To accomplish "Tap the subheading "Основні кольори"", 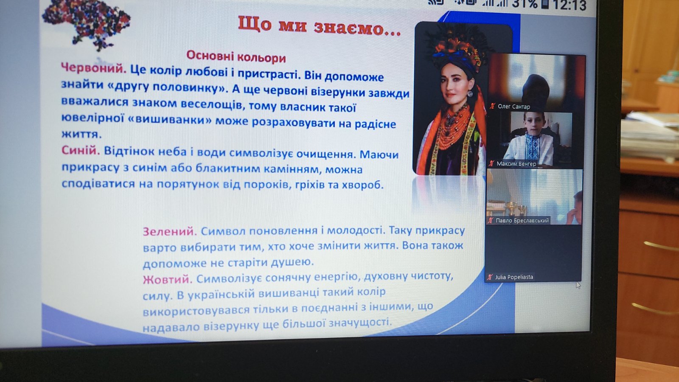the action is pyautogui.click(x=236, y=57).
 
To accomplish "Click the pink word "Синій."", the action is pyautogui.click(x=81, y=150).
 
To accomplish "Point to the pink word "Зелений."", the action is pyautogui.click(x=170, y=232).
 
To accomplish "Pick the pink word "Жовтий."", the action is pyautogui.click(x=168, y=279).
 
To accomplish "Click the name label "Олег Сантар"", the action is pyautogui.click(x=514, y=107).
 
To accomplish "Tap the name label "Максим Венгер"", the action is pyautogui.click(x=516, y=164).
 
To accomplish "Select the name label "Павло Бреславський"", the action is pyautogui.click(x=522, y=220).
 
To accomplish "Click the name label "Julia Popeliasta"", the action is pyautogui.click(x=514, y=277).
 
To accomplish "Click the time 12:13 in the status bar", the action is pyautogui.click(x=569, y=5).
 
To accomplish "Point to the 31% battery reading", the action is pyautogui.click(x=525, y=4).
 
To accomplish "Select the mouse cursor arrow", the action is pyautogui.click(x=578, y=285).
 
